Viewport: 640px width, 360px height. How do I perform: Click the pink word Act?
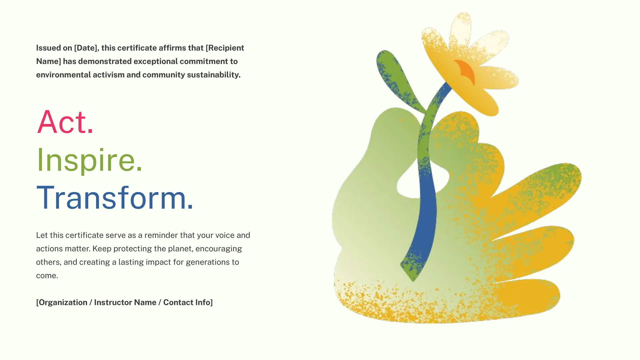click(65, 122)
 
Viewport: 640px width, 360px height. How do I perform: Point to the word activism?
click(108, 75)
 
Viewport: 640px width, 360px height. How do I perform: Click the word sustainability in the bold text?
click(214, 75)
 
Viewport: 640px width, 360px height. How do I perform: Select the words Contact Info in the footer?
click(187, 302)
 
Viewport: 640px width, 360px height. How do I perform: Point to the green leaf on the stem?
click(397, 80)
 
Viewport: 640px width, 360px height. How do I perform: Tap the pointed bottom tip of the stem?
click(413, 281)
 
